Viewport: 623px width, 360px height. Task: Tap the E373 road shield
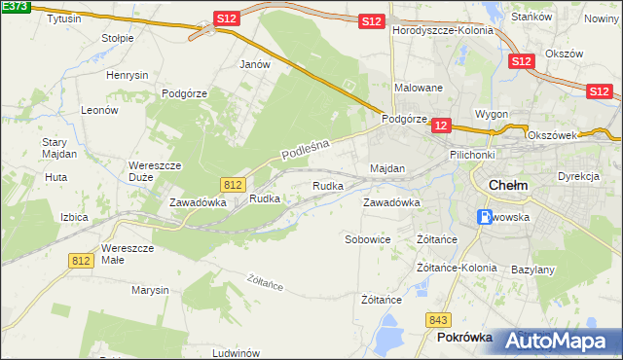pos(14,8)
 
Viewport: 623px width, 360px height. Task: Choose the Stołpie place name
pos(118,38)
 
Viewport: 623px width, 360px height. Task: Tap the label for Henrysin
pos(128,75)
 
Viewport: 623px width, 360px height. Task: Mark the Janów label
pos(254,64)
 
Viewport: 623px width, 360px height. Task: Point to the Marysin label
pos(151,290)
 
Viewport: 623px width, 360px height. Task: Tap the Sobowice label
pos(368,238)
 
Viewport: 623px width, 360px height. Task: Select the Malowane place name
pos(419,88)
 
